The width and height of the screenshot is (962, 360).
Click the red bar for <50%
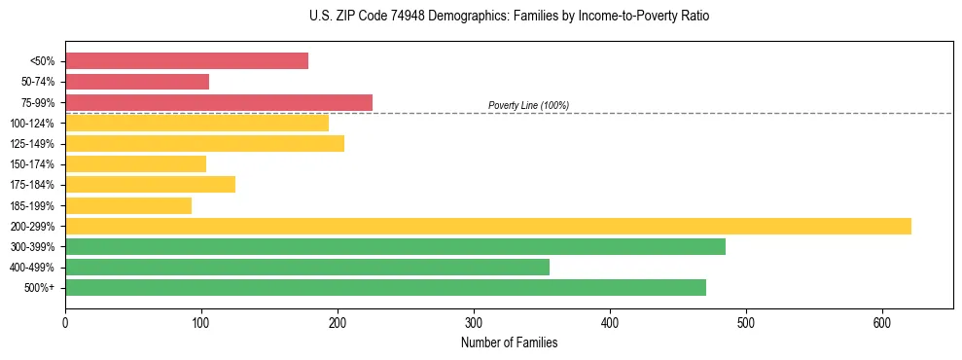coord(187,61)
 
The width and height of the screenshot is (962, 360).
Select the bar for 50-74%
coord(137,82)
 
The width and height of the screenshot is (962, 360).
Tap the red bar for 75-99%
coord(219,102)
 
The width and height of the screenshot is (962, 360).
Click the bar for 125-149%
coord(204,144)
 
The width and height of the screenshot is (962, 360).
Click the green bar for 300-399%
coord(395,246)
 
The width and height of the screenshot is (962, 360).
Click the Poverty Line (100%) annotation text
coord(528,105)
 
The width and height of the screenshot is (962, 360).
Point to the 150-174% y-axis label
coord(32,164)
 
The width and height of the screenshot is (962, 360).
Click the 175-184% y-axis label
coord(32,185)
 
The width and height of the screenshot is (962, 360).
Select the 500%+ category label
coord(40,288)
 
